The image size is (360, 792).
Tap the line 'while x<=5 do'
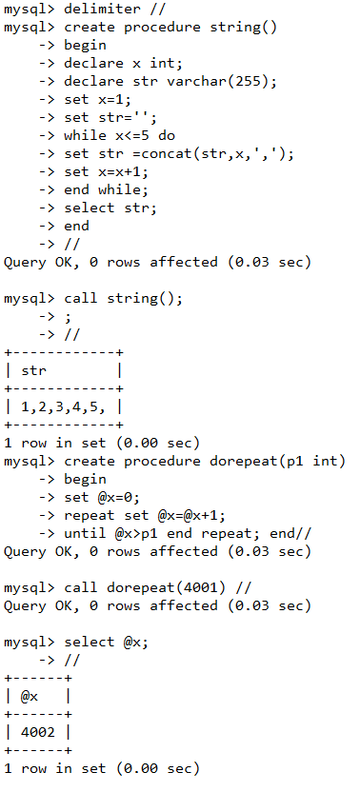119,135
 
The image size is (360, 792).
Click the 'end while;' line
105,189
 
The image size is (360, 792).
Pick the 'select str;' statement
109,208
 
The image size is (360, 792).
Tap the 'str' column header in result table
33,370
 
